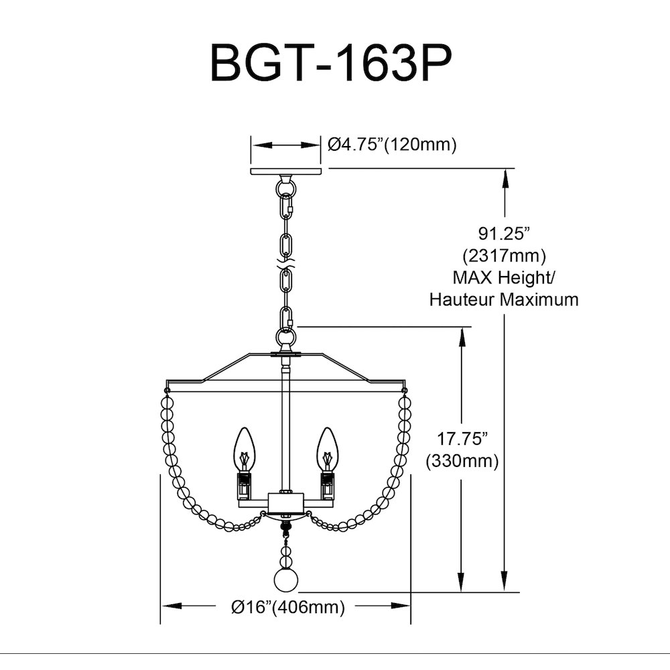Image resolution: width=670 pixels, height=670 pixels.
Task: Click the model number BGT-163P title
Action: coord(331,64)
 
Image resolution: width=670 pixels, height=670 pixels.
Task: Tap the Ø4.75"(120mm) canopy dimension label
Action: coord(392,145)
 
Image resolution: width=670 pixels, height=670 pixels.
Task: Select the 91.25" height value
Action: coord(505,234)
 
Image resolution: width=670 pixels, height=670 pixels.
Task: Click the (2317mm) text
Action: coord(505,255)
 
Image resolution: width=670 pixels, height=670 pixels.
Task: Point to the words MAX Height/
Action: coord(504,278)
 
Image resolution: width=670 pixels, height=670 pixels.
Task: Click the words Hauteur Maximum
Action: coord(504,299)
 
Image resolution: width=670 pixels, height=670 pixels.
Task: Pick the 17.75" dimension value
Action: coord(462,439)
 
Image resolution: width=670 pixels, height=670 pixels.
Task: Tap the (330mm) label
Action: coord(462,461)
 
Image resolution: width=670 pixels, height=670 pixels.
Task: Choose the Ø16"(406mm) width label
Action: coord(287,606)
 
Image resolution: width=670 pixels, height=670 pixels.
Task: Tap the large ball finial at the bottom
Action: coord(285,580)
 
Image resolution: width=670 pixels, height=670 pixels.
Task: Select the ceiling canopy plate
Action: coord(285,171)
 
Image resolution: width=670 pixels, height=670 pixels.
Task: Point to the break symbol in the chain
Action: coord(285,263)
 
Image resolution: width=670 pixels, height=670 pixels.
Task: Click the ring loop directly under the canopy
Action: coord(285,187)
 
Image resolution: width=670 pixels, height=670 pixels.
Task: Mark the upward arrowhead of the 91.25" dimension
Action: coord(505,179)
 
